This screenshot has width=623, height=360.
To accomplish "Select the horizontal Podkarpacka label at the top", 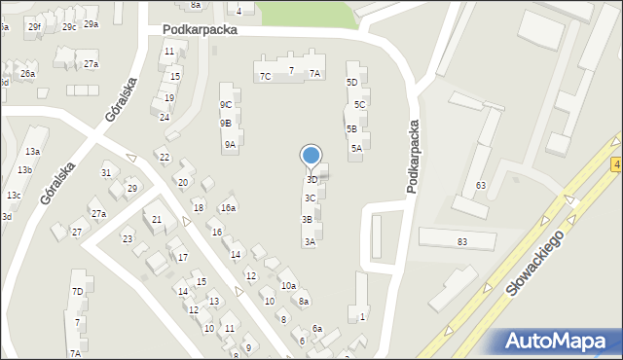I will pos(201,30).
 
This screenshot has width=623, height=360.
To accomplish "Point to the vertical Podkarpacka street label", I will pos(414,156).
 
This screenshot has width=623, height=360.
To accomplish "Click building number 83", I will pos(461,241).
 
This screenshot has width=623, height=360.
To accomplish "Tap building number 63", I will pos(480,185).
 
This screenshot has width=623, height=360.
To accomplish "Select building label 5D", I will pos(352,83).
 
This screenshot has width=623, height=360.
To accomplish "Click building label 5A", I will pos(356,148).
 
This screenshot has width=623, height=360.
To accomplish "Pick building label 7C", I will pos(265,76).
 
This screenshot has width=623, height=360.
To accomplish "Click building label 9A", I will pos(230,145).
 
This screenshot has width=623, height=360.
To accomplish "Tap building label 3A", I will pos(309,241).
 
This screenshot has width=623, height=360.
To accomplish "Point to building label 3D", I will pos(312,180).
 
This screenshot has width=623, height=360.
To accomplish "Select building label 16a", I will pos(228,207).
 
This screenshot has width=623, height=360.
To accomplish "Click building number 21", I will pos(157,220).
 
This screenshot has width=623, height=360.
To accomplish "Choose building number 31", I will pos(106,173).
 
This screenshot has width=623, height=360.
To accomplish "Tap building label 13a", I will pos(33,152).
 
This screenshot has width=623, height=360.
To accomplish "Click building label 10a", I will pos(288,285).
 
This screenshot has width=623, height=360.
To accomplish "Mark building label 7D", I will pos(77,291).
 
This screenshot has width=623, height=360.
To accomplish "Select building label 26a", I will pos(28,74).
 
